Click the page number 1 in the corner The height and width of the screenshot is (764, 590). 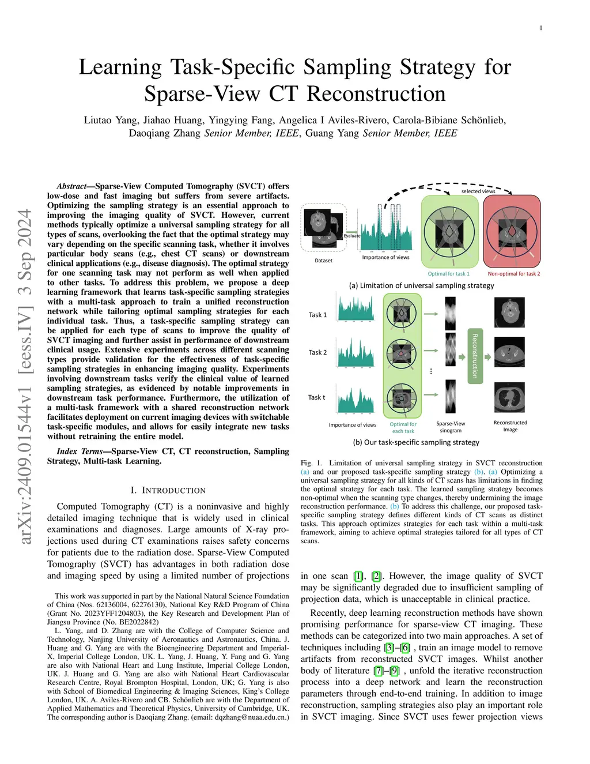541,28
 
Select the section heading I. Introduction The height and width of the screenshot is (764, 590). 168,490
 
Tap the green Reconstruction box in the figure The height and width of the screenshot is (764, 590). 475,356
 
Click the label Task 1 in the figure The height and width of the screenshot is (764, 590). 317,315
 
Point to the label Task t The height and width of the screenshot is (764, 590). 316,397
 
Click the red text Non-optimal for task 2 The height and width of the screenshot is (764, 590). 514,273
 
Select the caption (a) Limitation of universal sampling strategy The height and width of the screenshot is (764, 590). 421,285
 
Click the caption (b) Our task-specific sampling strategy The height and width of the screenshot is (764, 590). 416,442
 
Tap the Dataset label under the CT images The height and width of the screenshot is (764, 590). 323,261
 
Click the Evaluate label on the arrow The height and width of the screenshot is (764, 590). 352,236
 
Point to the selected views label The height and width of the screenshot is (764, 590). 478,191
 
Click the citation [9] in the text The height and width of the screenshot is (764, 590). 394,671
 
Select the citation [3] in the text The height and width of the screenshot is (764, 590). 388,648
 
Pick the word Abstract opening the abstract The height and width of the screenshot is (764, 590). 71,186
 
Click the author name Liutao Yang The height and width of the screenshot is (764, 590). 110,121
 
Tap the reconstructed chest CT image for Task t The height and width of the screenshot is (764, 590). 509,397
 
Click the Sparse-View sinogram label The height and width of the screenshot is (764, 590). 451,427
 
